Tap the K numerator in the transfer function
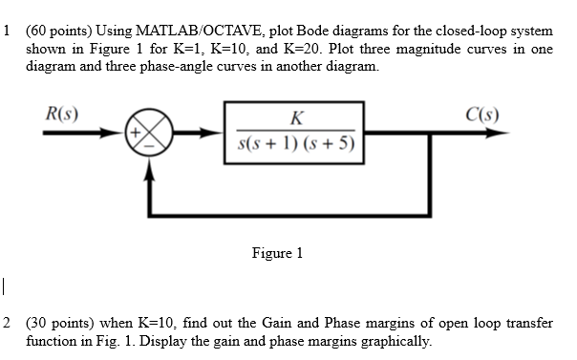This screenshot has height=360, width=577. point(296,119)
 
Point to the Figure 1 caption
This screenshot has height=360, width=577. point(277,253)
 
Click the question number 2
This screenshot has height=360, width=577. point(8,325)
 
